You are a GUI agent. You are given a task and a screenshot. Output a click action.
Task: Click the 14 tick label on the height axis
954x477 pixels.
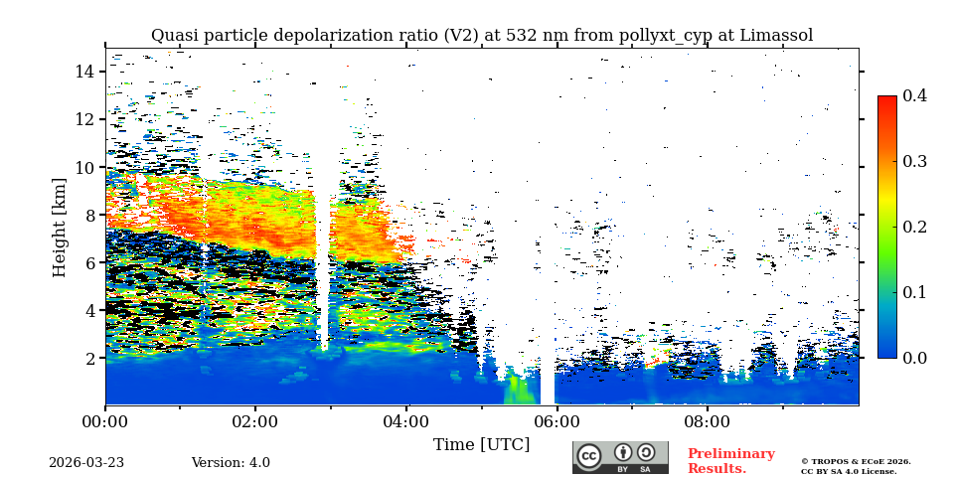pyautogui.click(x=83, y=72)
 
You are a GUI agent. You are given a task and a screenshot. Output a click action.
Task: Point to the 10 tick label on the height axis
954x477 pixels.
pyautogui.click(x=83, y=167)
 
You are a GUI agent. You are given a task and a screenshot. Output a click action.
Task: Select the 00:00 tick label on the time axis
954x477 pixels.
pyautogui.click(x=105, y=420)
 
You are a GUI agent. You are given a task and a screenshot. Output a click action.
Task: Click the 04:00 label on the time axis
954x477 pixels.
pyautogui.click(x=405, y=420)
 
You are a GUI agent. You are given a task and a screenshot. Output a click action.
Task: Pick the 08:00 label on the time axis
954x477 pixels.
pyautogui.click(x=707, y=420)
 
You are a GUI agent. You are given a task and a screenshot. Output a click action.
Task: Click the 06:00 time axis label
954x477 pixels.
pyautogui.click(x=556, y=420)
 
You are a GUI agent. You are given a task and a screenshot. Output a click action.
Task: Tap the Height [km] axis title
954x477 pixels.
pyautogui.click(x=60, y=227)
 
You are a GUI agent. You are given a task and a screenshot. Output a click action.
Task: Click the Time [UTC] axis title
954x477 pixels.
pyautogui.click(x=481, y=444)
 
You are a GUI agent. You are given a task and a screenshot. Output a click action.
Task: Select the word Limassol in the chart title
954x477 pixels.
pyautogui.click(x=775, y=36)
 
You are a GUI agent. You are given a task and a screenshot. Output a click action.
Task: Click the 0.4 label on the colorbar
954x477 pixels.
pyautogui.click(x=914, y=96)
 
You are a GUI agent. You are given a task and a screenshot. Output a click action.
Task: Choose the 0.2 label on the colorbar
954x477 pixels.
pyautogui.click(x=914, y=227)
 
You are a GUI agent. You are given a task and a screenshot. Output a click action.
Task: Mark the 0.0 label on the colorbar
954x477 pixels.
pyautogui.click(x=914, y=358)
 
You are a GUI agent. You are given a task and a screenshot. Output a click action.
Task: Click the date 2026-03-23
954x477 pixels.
pyautogui.click(x=86, y=463)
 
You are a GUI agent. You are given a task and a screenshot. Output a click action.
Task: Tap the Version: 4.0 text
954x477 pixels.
pyautogui.click(x=231, y=463)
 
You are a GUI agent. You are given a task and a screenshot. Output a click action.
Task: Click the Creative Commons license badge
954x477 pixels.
pyautogui.click(x=620, y=457)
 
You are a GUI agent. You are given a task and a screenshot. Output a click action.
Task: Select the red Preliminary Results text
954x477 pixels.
pyautogui.click(x=730, y=461)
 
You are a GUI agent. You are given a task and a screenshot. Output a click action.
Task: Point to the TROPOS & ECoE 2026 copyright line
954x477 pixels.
pyautogui.click(x=856, y=461)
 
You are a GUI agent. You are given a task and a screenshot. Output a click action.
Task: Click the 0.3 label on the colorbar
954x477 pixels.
pyautogui.click(x=914, y=161)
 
